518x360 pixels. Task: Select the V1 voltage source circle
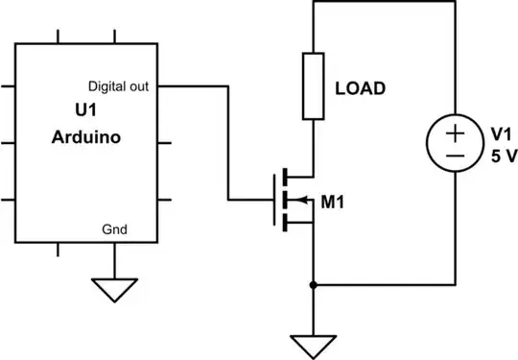[x=456, y=144]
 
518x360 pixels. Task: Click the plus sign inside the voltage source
[x=456, y=132]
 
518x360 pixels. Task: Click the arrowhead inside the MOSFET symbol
[x=299, y=201]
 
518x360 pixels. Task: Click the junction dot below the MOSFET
[x=315, y=284]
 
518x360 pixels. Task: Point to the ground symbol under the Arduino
[x=114, y=289]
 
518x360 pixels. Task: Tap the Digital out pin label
[x=118, y=84]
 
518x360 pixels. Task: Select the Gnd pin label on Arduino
[x=114, y=228]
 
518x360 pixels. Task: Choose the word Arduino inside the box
[x=85, y=137]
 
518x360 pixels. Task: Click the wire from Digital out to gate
[x=228, y=144]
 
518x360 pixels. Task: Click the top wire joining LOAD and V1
[x=384, y=4]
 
